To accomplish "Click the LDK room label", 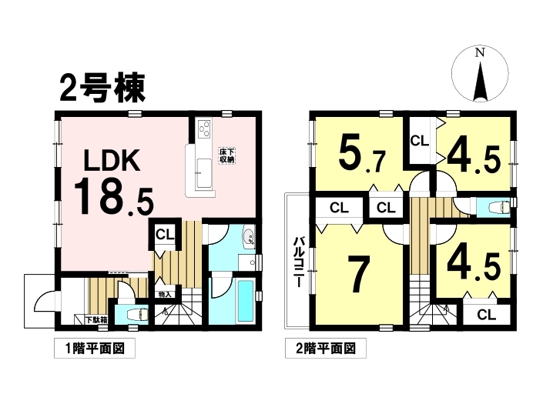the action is coord(112,161).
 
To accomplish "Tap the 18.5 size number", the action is coord(113,197).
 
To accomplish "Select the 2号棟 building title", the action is coord(102,88).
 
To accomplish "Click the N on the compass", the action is coord(480,52).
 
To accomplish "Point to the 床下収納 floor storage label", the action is coord(226,156).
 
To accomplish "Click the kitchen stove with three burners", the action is coord(203,129).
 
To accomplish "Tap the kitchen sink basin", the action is coord(203,174).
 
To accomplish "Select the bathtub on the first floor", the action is coord(246,301).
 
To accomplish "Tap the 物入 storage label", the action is coord(165,295).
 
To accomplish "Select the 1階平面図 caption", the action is coord(95,349).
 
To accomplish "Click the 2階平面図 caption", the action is coord(326,349).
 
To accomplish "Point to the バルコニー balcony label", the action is coord(299,262).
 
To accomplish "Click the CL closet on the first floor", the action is coord(165,235).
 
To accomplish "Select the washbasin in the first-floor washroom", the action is coord(248,237).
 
